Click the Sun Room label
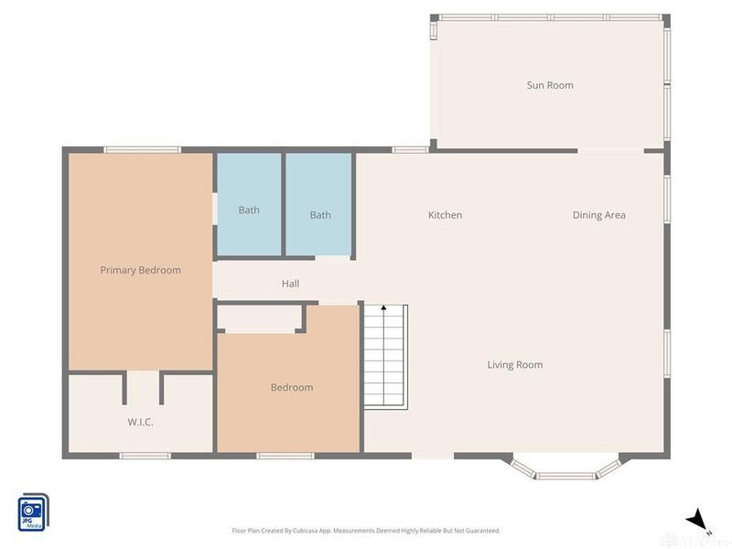550,85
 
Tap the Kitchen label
445,215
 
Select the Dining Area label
598,215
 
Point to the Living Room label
514,365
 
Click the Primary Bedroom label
140,270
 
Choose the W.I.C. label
139,422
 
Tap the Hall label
290,284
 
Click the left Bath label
249,210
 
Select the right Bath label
320,215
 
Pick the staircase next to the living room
385,357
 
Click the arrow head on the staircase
383,310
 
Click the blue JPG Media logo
34,509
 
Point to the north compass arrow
698,519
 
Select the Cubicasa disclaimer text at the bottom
366,531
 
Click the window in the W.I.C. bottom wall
145,455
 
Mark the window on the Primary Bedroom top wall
141,150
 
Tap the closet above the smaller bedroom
260,318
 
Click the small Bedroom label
292,387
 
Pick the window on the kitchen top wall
410,149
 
